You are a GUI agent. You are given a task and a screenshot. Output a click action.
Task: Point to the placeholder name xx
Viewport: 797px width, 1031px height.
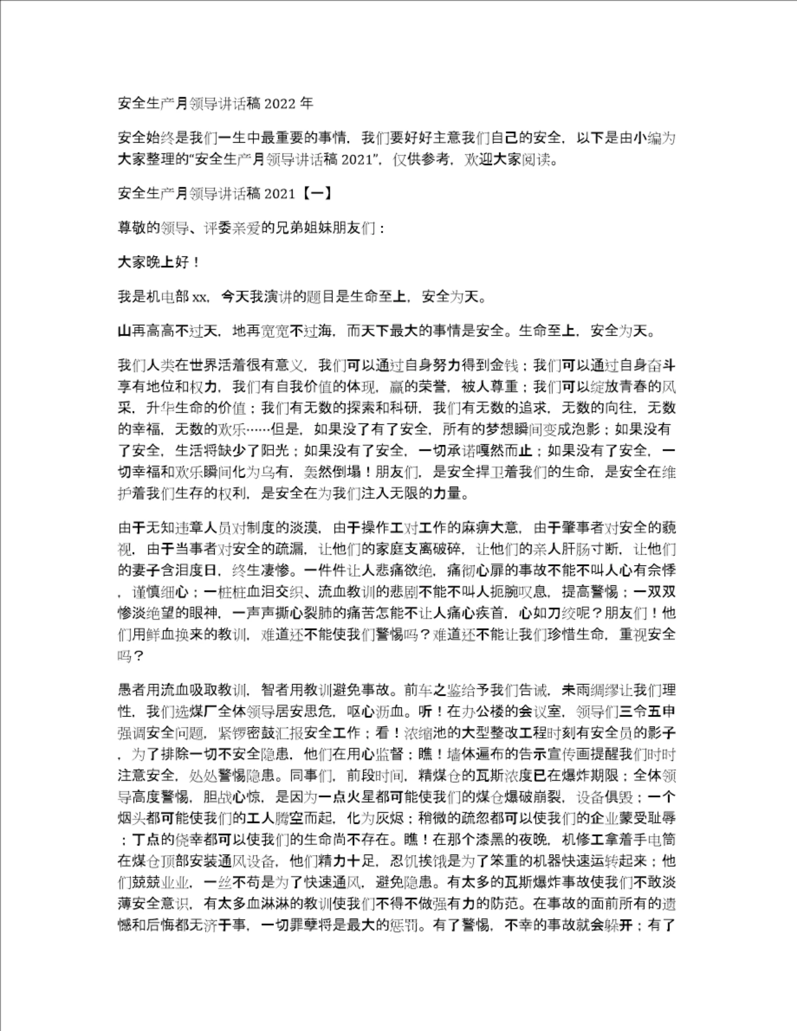point(199,297)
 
